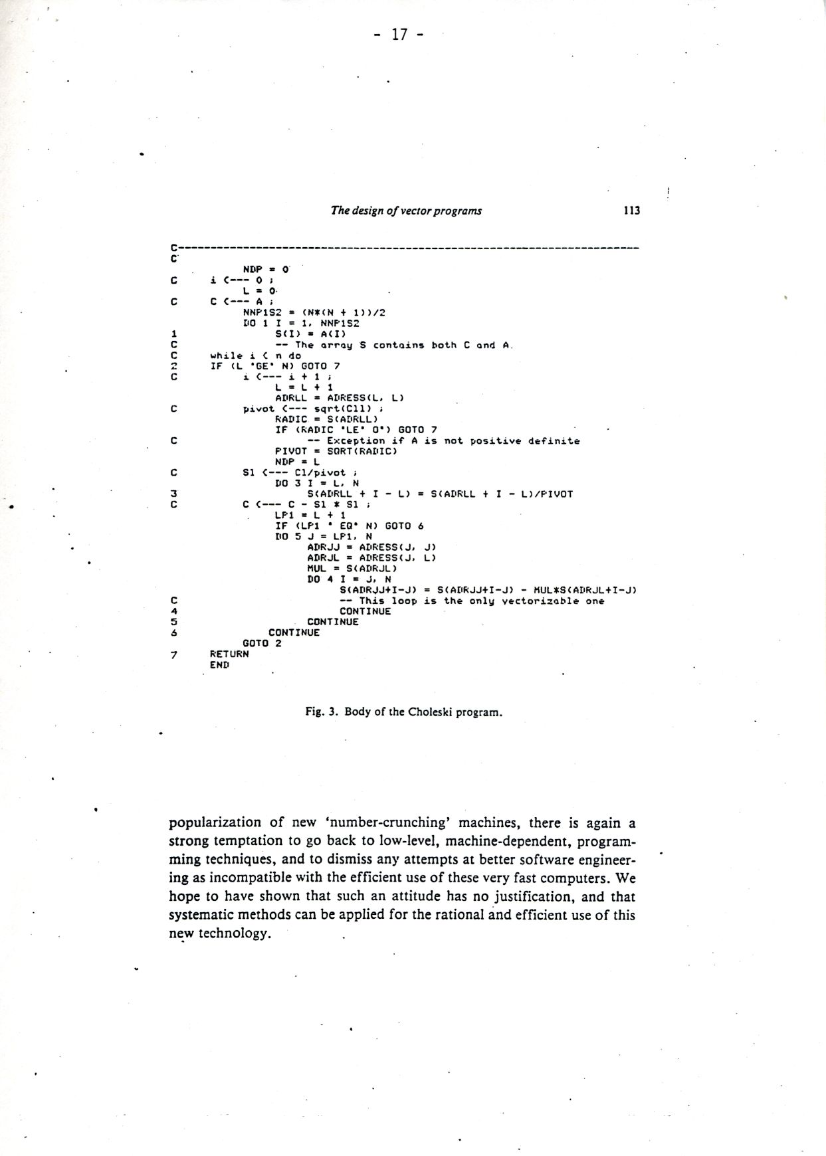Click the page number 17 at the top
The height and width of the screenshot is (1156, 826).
[x=399, y=35]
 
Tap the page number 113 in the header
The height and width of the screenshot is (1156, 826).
[x=631, y=211]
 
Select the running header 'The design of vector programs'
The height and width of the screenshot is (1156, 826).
[x=406, y=211]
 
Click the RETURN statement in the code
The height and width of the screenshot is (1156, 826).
[x=229, y=654]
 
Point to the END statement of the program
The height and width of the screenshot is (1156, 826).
[x=219, y=664]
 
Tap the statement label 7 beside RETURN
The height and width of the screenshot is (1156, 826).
[x=173, y=654]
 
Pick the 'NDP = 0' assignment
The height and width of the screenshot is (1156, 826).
[x=266, y=270]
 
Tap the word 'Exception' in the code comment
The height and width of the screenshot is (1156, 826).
[x=356, y=440]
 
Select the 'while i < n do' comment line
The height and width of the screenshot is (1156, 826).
[x=255, y=355]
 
